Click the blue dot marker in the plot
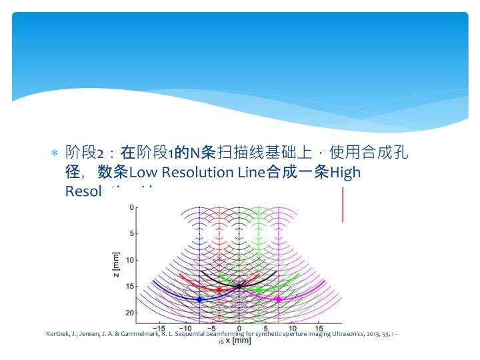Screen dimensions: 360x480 coord(199,299)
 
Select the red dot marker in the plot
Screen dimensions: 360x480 coord(219,290)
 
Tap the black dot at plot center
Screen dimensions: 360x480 coord(239,287)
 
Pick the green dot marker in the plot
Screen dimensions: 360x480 coord(259,290)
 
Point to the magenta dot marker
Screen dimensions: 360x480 coord(278,299)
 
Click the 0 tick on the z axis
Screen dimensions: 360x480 coord(131,207)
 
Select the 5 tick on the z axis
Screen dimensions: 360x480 coord(131,233)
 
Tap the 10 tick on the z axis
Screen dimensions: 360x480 coord(129,260)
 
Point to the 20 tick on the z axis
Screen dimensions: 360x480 coord(129,313)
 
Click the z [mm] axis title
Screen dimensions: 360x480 coord(117,266)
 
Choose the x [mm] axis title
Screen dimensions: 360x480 coord(237,341)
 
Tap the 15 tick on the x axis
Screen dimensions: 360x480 coord(318,328)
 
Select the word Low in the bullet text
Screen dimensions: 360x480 coord(145,173)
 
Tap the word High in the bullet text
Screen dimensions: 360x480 coord(345,173)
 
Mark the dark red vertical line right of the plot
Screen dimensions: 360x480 coord(343,205)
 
